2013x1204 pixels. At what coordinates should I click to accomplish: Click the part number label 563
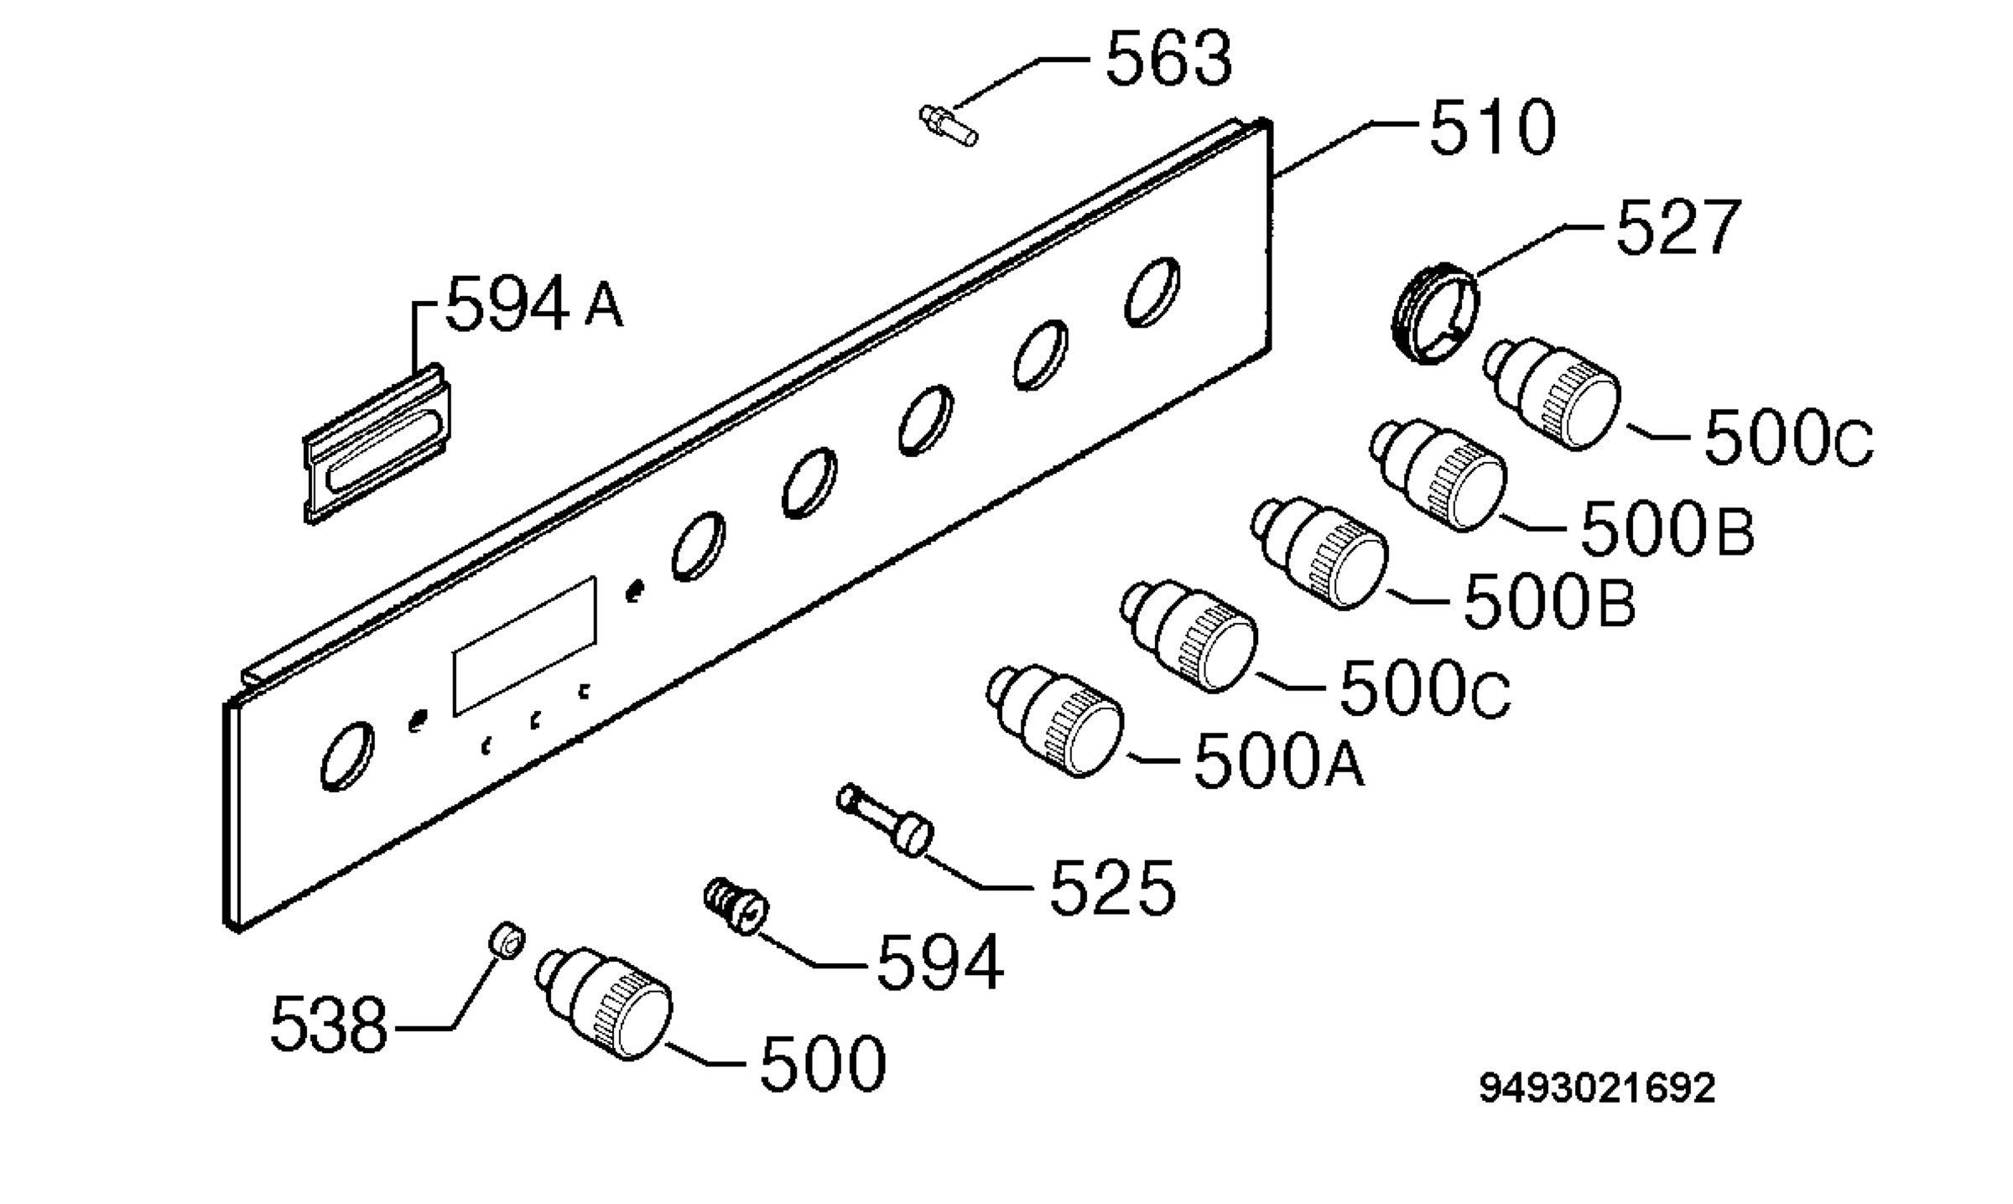pos(1168,59)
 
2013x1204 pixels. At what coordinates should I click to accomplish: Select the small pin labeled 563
pos(948,126)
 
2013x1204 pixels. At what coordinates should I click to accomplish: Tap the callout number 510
pos(1492,127)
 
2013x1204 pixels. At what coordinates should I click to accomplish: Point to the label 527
pos(1678,227)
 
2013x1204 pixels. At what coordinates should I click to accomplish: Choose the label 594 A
pos(534,304)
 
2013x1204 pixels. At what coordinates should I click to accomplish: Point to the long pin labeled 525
pos(885,819)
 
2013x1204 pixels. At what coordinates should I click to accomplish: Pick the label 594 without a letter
pos(940,963)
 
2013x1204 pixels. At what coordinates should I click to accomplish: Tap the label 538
pos(329,1025)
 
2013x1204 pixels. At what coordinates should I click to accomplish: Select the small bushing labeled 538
pos(507,940)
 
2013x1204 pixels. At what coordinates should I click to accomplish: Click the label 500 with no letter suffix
pos(823,1063)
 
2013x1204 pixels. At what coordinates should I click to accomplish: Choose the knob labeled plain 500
pos(604,1004)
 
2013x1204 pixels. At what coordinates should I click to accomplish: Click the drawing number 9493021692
pos(1597,1089)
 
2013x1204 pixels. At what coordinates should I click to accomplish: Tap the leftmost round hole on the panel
pos(347,756)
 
